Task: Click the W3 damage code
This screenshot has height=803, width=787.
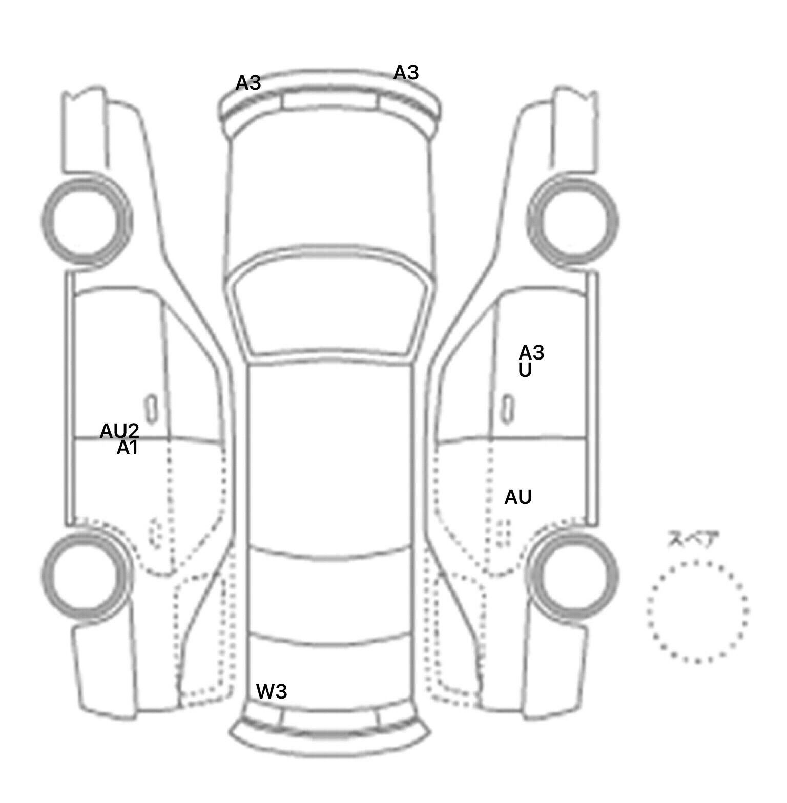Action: click(x=271, y=692)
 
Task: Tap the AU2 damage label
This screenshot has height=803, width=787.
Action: click(x=119, y=431)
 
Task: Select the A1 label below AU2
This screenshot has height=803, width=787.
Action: click(x=127, y=448)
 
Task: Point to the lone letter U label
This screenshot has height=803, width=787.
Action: click(x=525, y=370)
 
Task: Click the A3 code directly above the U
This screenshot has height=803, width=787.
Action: click(x=531, y=352)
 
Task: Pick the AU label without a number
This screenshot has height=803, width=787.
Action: click(x=518, y=497)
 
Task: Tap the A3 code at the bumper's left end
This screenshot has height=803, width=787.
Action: click(x=248, y=82)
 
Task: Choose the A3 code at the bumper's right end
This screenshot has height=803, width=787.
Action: click(x=406, y=73)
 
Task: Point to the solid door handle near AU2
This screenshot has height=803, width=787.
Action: click(x=152, y=409)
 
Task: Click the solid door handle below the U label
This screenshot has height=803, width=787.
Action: click(x=508, y=409)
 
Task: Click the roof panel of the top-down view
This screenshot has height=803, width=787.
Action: click(x=330, y=456)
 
